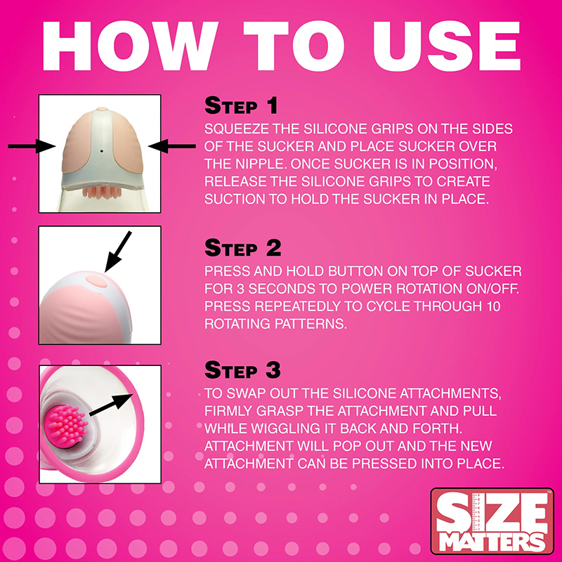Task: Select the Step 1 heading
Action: [x=241, y=107]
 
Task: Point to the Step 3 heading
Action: [x=242, y=370]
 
